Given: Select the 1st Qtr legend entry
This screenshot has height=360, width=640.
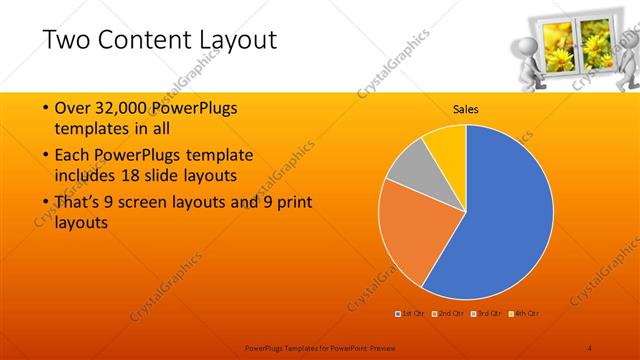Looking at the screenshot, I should tap(412, 315).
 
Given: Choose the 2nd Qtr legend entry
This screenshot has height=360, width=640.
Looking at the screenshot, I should tap(449, 315).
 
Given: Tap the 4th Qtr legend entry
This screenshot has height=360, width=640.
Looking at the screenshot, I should tap(524, 315).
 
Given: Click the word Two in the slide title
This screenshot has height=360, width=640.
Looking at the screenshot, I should tap(69, 40).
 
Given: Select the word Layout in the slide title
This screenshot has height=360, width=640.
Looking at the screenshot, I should tap(239, 40).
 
